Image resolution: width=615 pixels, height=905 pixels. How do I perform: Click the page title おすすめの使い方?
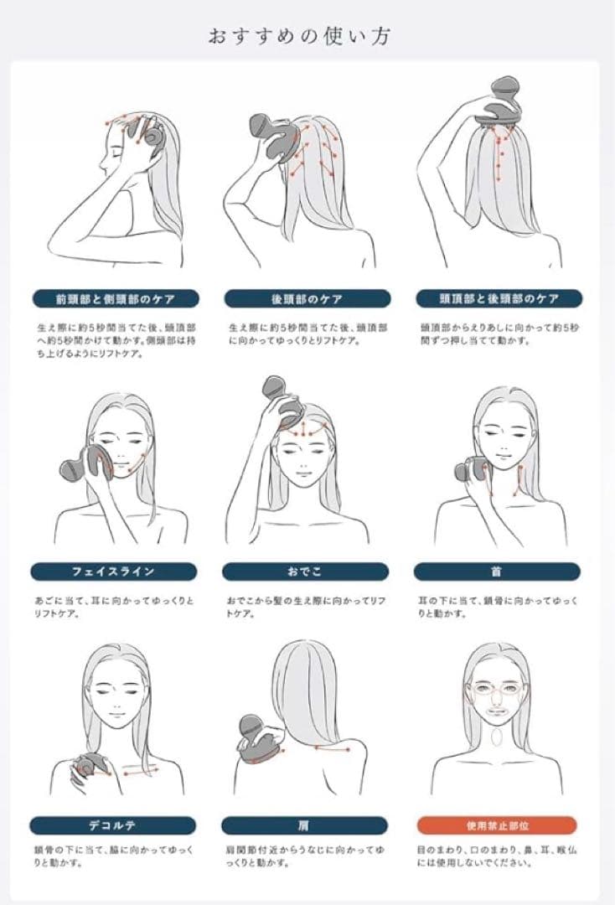(299, 36)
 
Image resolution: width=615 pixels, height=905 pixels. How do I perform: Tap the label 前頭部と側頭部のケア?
(116, 299)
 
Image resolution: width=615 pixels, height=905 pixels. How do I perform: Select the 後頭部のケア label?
(307, 299)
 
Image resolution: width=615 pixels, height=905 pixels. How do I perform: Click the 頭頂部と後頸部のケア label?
(499, 299)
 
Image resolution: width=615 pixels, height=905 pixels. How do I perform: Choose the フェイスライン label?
(114, 571)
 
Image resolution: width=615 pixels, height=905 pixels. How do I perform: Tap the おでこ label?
(305, 571)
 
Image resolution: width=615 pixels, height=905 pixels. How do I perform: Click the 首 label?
(497, 571)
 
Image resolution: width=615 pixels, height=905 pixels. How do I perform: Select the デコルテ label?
(112, 825)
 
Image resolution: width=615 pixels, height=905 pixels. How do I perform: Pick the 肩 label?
(304, 825)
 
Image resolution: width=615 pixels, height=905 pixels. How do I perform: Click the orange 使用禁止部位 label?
(497, 825)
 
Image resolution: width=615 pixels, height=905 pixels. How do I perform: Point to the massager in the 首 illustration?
(472, 470)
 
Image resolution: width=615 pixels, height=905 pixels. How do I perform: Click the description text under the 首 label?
(498, 608)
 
